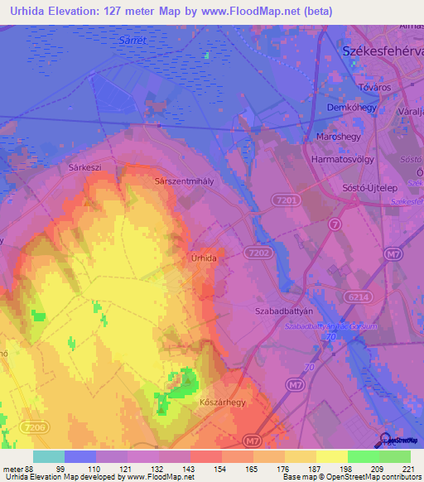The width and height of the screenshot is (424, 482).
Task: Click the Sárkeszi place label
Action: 84,166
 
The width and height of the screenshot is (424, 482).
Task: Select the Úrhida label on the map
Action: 204,258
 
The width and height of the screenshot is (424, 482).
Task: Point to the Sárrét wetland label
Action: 133,39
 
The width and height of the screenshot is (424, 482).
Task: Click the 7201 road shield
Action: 287,200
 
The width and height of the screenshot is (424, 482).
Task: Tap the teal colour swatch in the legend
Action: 49,456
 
